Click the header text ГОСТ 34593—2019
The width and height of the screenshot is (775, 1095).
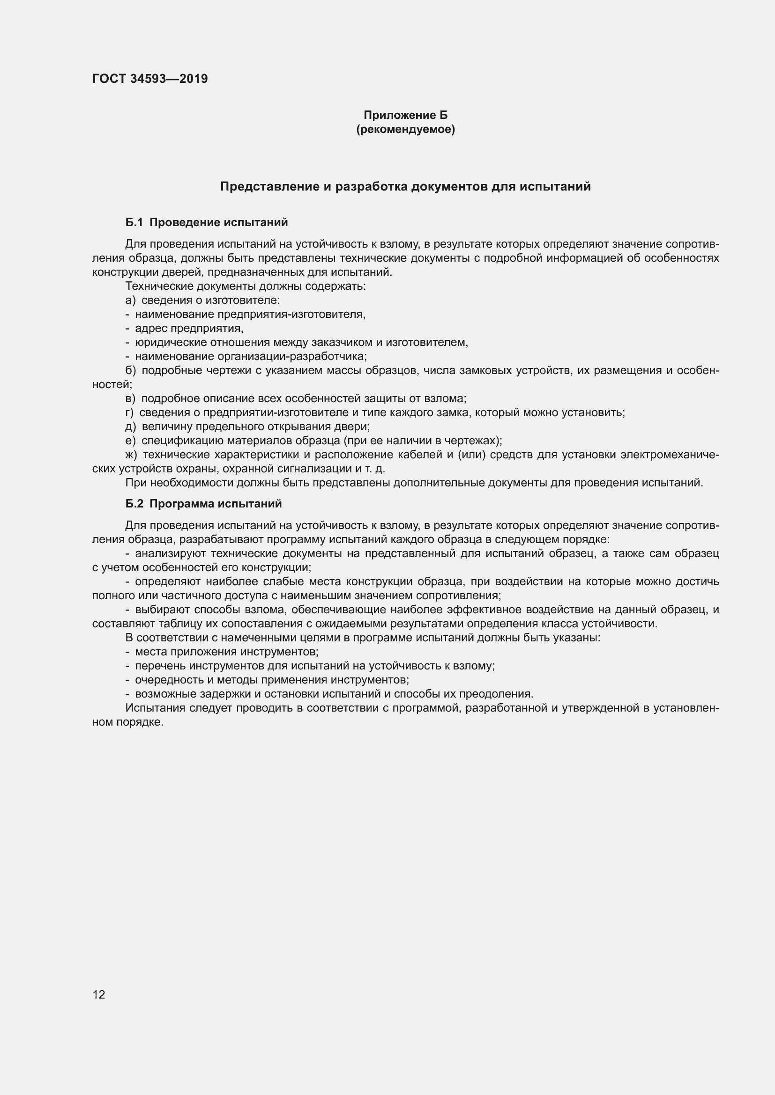point(150,79)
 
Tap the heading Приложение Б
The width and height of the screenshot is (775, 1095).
point(405,115)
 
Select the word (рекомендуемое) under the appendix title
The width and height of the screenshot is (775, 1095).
point(405,129)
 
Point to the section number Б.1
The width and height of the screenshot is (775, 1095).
point(134,222)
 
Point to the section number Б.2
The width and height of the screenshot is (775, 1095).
point(134,504)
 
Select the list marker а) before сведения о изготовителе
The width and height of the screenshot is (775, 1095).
point(130,300)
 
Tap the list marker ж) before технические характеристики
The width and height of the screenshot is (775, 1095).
point(131,455)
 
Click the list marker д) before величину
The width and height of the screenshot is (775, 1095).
point(131,426)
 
